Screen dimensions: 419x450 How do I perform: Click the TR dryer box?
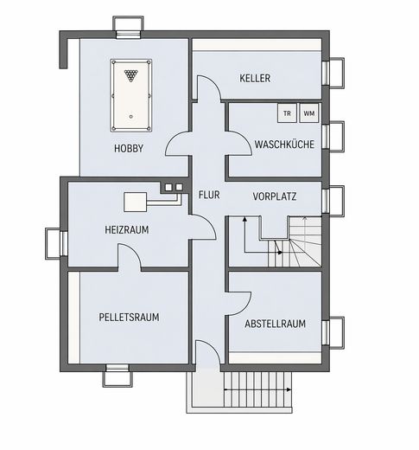[287, 113]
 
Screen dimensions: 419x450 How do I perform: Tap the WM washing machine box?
[309, 113]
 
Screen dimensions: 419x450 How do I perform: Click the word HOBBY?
[129, 149]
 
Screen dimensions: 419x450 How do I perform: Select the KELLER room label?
[255, 78]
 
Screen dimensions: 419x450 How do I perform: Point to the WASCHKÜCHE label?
[284, 145]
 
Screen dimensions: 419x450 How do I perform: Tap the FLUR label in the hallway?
[209, 195]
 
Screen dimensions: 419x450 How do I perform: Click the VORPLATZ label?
[275, 196]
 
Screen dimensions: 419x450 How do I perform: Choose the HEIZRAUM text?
[127, 230]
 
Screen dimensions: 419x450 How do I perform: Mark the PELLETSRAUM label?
[129, 318]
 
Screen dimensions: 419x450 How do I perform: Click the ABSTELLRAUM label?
[276, 324]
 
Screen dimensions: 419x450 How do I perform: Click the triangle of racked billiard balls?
[131, 75]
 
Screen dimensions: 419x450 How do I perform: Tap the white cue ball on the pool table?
[131, 117]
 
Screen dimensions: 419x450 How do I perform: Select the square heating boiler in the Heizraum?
[136, 202]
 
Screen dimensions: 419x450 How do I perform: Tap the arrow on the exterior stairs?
[257, 390]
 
